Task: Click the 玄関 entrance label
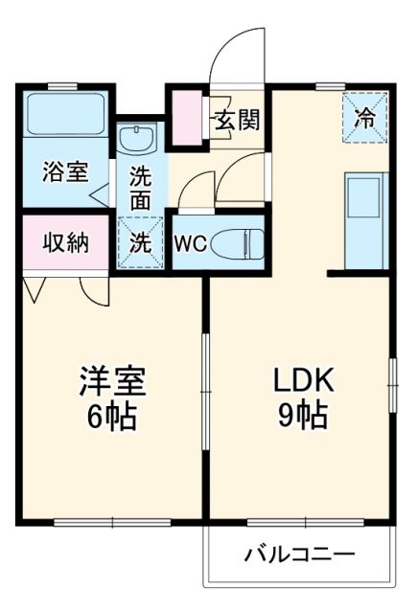(x=236, y=122)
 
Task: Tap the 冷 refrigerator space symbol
(x=365, y=118)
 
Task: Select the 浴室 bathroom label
(x=64, y=172)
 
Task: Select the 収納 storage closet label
(x=64, y=241)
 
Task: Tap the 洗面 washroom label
(x=140, y=189)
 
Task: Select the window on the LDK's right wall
(x=391, y=383)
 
